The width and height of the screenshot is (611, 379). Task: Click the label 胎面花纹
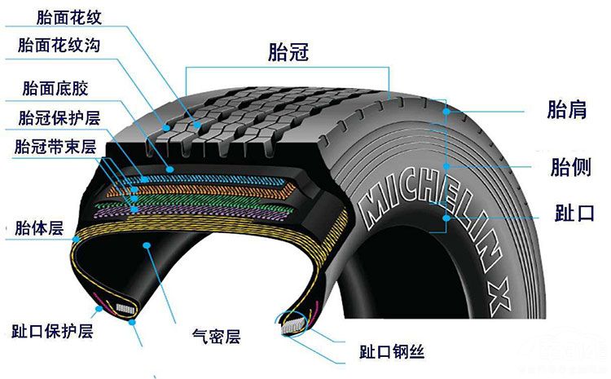69,18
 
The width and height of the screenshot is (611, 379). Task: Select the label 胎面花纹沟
59,45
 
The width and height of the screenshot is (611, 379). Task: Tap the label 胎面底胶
55,89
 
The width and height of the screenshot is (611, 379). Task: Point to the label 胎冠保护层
59,117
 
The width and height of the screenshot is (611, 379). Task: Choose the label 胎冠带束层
55,147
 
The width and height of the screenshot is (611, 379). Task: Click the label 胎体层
39,227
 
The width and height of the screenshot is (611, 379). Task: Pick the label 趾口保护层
53,331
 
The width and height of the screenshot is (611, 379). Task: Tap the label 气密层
216,336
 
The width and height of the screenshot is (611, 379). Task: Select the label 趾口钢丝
392,351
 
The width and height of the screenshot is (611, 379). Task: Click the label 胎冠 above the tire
288,52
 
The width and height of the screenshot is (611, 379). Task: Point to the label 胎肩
567,109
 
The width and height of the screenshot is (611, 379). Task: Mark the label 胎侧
571,167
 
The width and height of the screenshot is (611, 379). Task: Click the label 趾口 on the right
575,213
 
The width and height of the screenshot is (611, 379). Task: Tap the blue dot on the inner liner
147,245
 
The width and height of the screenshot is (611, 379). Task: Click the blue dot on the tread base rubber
170,170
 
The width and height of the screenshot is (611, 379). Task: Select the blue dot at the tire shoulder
446,112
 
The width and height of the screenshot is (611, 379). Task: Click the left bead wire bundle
125,309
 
